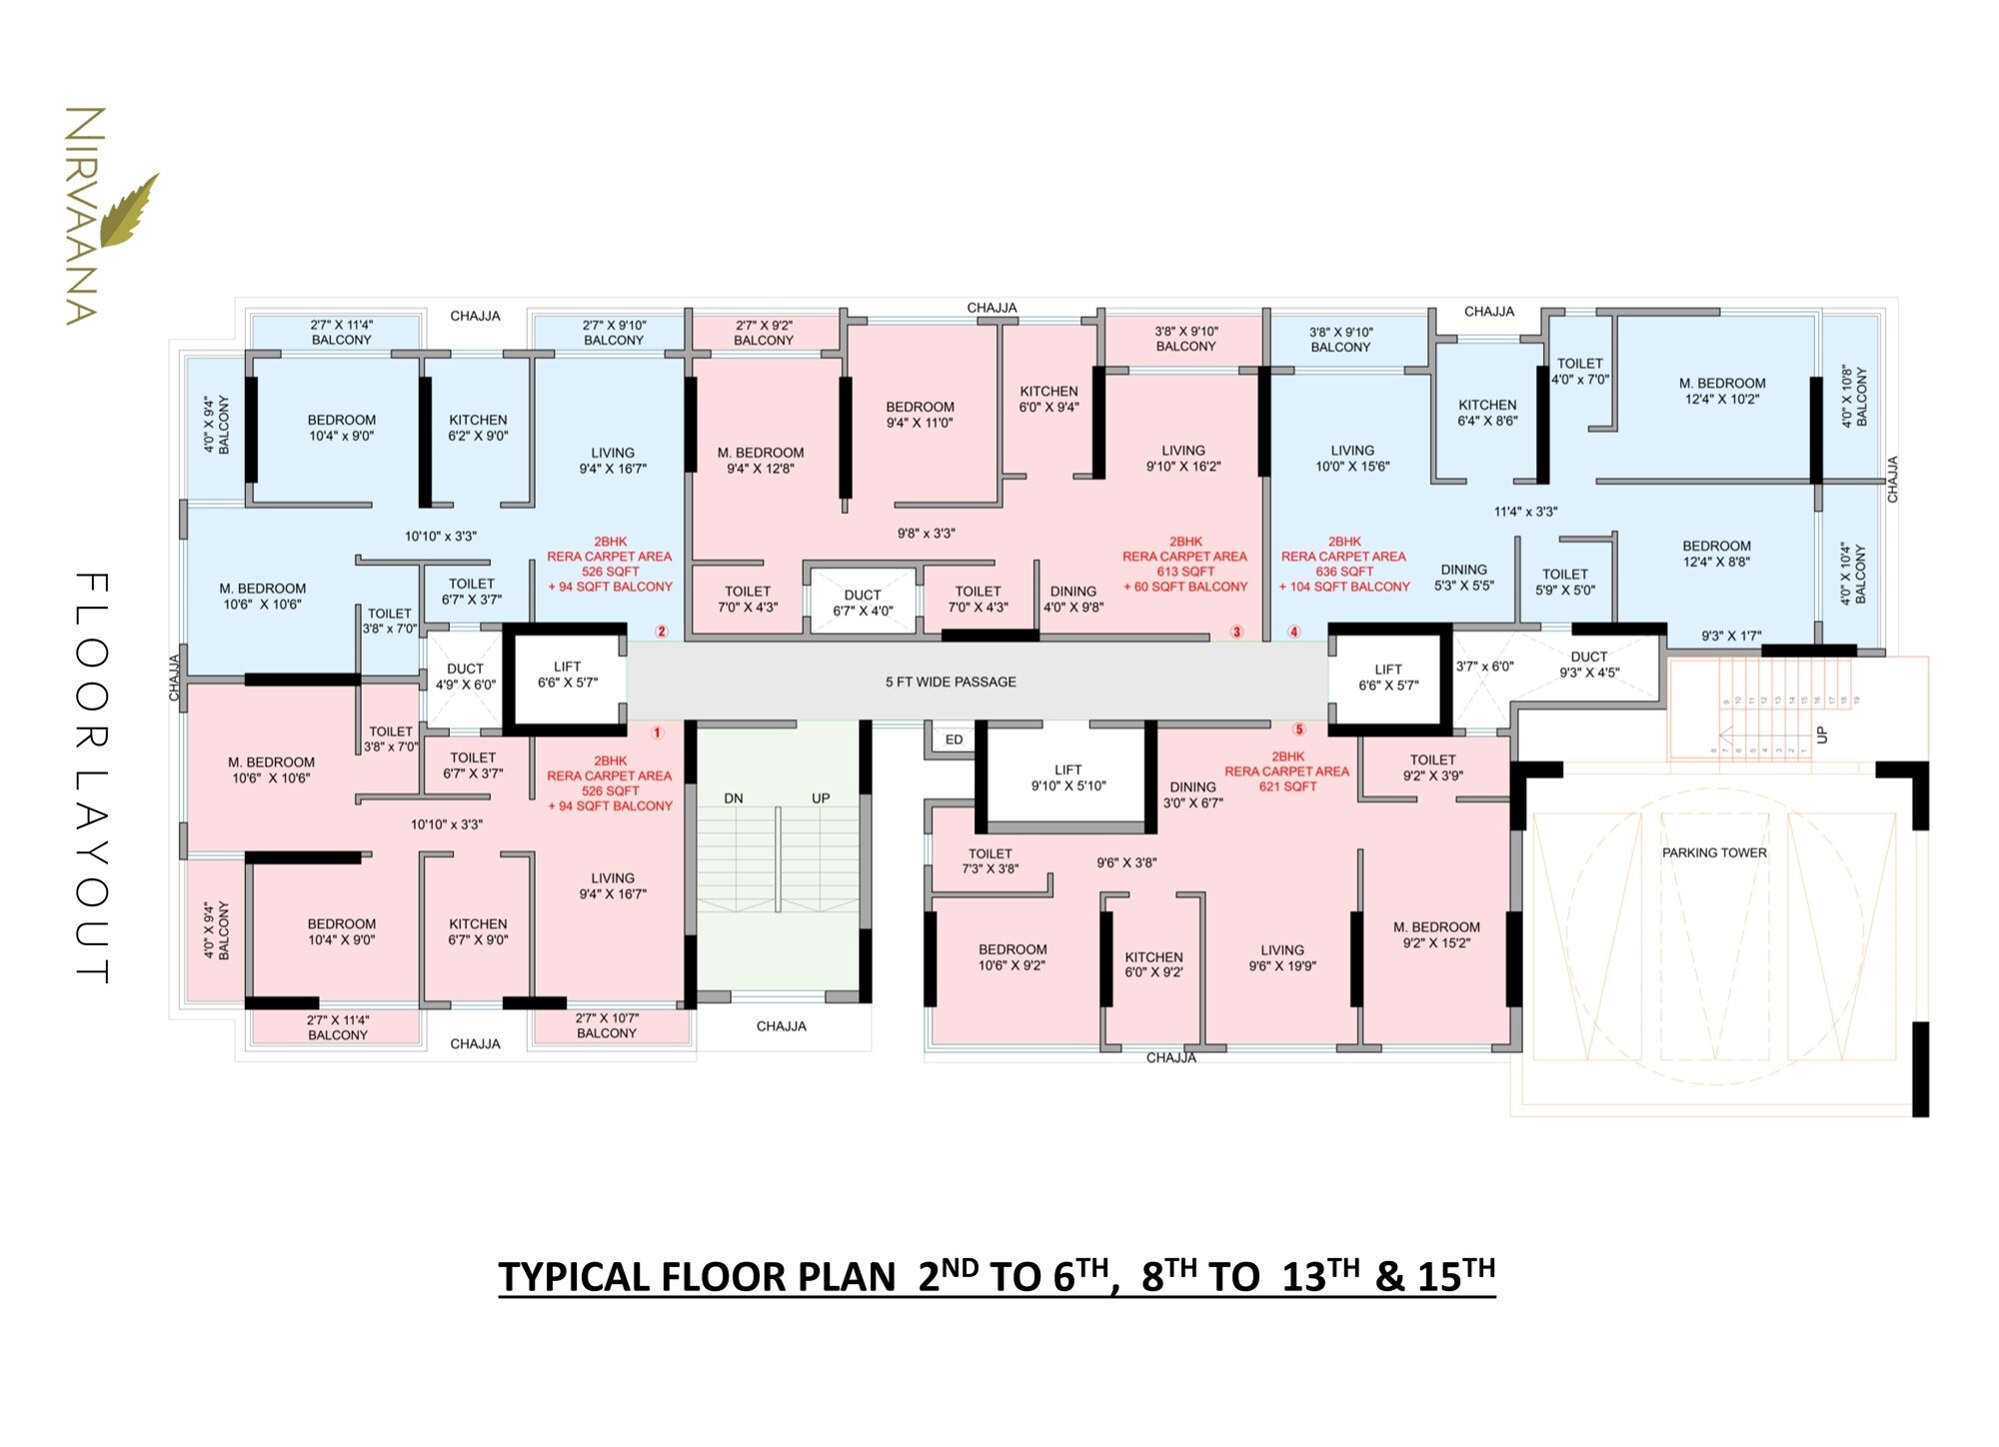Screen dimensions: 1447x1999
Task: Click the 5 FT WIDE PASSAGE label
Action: point(951,682)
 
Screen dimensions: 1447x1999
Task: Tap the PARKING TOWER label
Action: point(1714,852)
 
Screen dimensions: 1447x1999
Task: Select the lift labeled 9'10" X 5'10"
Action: point(1067,777)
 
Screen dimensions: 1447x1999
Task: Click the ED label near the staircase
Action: point(954,739)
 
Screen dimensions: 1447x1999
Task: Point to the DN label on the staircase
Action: point(734,798)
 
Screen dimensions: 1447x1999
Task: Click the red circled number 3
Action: point(1236,632)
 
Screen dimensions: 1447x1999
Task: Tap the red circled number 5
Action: point(1299,729)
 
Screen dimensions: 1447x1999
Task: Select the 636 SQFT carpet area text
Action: point(1343,572)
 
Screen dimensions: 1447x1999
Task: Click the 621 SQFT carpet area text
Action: point(1287,786)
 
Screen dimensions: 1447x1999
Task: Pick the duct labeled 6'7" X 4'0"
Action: point(863,603)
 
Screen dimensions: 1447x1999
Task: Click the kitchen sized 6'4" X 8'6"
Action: point(1487,413)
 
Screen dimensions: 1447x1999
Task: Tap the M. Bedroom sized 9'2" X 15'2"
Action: point(1436,934)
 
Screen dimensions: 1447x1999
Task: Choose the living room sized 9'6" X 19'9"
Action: point(1282,957)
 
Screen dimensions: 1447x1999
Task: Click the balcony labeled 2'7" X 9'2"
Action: point(764,333)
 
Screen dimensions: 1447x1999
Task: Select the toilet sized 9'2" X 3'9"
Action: point(1432,767)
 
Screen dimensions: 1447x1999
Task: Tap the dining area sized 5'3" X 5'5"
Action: point(1464,578)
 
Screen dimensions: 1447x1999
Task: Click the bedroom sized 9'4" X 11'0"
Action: point(920,415)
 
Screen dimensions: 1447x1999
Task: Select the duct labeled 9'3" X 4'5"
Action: point(1589,665)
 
